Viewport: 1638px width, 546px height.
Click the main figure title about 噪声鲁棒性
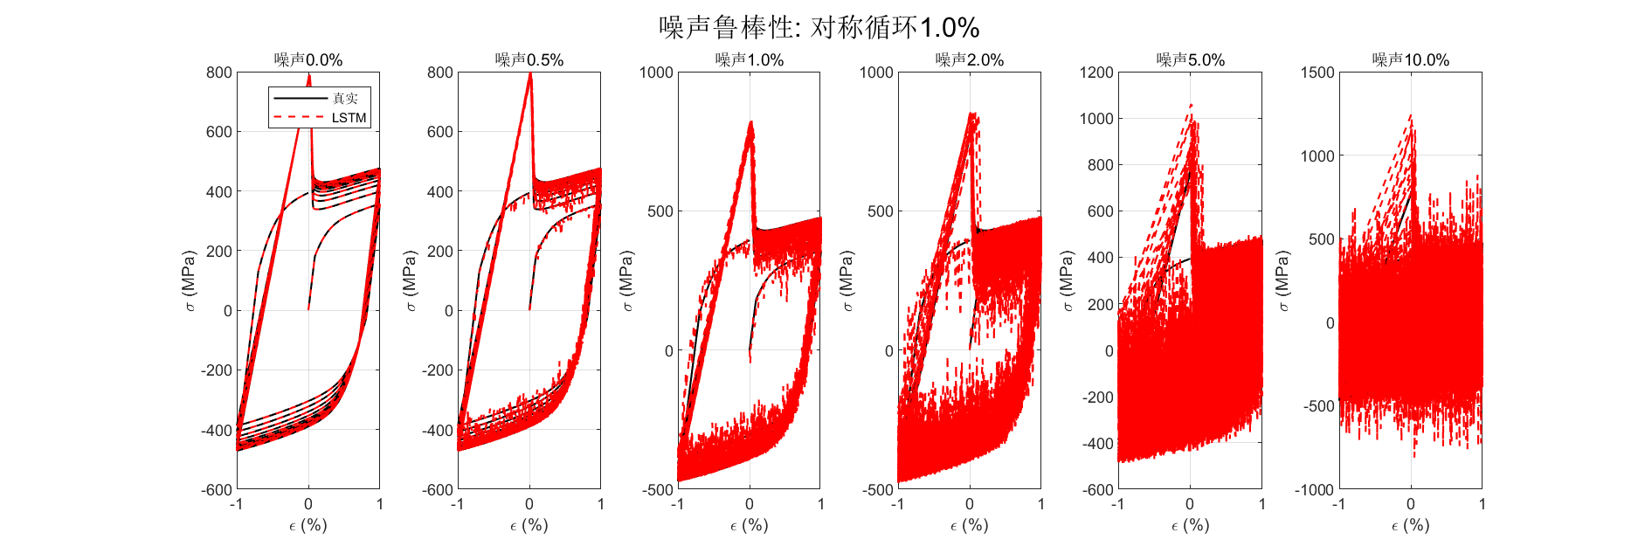click(x=819, y=27)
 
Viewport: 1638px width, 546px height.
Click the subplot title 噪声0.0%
click(x=308, y=60)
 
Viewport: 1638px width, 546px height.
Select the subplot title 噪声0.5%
click(x=529, y=60)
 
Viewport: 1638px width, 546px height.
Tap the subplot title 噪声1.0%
click(x=749, y=60)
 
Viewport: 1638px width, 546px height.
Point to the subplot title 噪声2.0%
click(x=969, y=60)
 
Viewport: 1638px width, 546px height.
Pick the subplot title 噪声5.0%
click(x=1190, y=60)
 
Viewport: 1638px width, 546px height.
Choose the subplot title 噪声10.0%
click(x=1410, y=60)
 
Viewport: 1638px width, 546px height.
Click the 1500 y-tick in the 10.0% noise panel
click(x=1317, y=73)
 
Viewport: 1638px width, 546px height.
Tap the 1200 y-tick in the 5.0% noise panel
click(x=1097, y=73)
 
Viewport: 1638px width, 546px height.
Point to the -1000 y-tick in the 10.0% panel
click(x=1314, y=490)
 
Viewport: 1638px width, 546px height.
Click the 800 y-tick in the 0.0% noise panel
click(x=219, y=73)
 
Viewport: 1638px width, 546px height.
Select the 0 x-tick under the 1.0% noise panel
click(x=750, y=504)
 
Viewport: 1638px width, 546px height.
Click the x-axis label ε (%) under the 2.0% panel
click(x=969, y=525)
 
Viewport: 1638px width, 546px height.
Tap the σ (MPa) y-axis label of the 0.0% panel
click(x=190, y=280)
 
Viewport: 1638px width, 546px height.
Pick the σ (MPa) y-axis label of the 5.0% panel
click(x=1068, y=280)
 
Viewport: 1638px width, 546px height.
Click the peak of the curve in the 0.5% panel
click(x=530, y=74)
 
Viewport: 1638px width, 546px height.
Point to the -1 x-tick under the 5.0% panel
click(x=1117, y=504)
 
